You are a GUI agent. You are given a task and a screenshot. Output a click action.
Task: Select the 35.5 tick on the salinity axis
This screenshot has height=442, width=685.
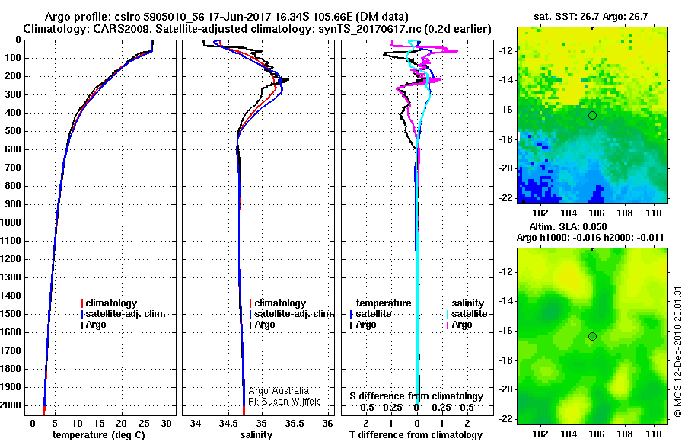tap(295, 423)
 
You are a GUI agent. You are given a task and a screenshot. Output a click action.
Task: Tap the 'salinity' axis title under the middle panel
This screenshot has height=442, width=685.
tap(256, 435)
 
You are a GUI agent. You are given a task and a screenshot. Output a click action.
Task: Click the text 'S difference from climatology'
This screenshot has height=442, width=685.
tap(416, 396)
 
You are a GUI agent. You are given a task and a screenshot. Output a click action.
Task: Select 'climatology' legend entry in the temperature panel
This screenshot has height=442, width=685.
tap(111, 303)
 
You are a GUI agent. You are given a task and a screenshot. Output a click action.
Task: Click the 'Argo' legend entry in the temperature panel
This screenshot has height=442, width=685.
tap(96, 325)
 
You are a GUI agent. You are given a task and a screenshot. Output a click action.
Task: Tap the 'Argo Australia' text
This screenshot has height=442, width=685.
tap(279, 391)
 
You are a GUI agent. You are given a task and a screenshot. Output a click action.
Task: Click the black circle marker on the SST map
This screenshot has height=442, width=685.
tap(592, 115)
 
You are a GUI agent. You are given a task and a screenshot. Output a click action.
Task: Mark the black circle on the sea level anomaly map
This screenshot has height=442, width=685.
tap(592, 336)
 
